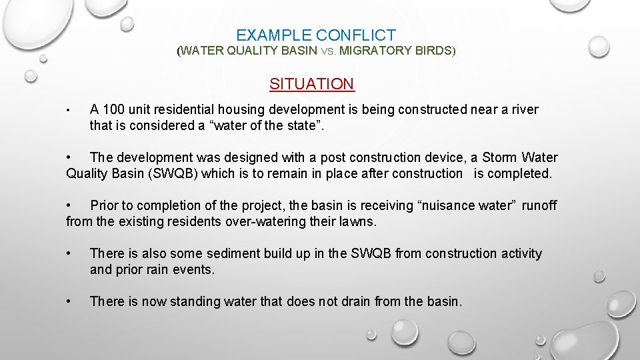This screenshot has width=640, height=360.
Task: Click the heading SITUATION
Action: point(311,84)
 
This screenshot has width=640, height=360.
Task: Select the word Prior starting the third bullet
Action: point(105,206)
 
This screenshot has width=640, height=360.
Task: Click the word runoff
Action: point(539,206)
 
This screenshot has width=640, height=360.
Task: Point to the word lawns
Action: point(357,222)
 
